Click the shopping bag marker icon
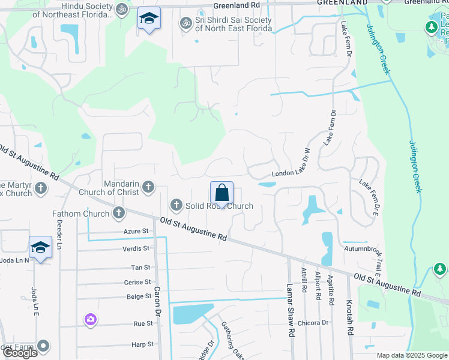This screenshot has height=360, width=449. tap(221, 193)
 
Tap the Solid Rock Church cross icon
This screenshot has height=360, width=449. tap(176, 205)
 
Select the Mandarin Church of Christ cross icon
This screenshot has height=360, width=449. tap(148, 188)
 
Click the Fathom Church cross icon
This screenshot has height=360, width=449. tap(119, 212)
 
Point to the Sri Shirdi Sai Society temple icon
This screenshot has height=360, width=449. tap(185, 23)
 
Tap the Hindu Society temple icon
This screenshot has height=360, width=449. tap(122, 9)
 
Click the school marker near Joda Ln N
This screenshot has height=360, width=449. tap(40, 247)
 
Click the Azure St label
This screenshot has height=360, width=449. tap(136, 231)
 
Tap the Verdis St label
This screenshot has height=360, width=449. tap(136, 248)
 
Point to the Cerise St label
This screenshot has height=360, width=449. tap(137, 282)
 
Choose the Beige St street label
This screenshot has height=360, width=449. tap(139, 296)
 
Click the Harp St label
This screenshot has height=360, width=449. tap(142, 344)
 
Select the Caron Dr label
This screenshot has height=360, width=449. tap(158, 301)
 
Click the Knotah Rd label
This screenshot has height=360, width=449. tap(349, 317)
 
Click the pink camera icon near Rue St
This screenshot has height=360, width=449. tap(91, 319)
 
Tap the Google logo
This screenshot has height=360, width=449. tap(20, 353)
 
